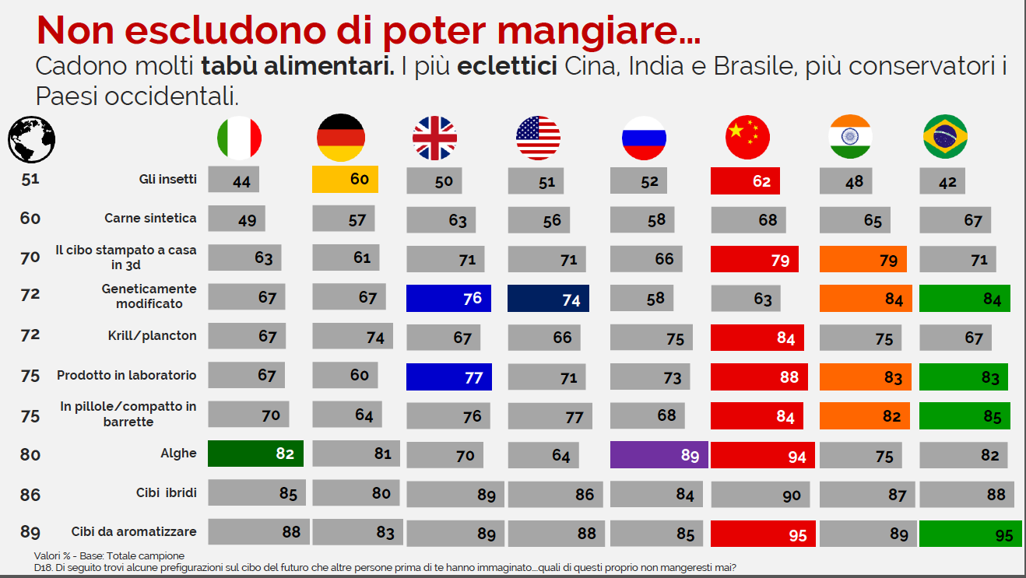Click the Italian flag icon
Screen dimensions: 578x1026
coord(239,138)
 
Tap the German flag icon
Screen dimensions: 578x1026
coord(340,138)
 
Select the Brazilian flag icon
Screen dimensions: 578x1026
coord(944,137)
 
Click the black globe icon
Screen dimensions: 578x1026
coord(31,138)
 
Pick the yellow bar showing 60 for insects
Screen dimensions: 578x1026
coord(345,180)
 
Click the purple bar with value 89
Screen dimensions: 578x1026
coord(659,454)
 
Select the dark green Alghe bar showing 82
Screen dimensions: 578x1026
coord(255,453)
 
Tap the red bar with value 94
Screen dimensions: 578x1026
coord(763,456)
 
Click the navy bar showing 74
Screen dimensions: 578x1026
coord(548,299)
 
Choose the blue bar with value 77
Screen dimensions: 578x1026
coord(449,377)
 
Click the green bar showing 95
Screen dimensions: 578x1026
coord(970,534)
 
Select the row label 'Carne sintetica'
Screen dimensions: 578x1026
coord(150,218)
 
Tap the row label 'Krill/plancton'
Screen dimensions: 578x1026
coord(152,336)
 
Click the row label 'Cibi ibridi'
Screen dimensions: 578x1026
coord(166,492)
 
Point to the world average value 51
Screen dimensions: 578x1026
coord(30,179)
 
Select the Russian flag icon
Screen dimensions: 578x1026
coord(644,138)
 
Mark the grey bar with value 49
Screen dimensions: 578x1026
coord(237,219)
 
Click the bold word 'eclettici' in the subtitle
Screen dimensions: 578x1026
coord(507,67)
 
